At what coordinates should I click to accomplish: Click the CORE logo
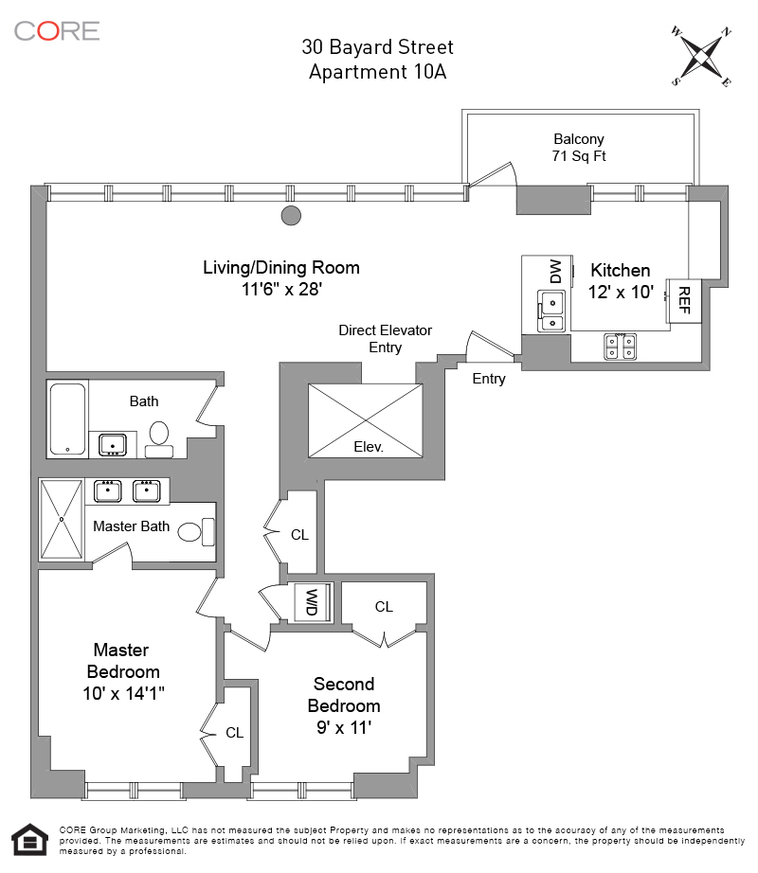(x=56, y=30)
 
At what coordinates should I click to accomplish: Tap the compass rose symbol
(x=702, y=56)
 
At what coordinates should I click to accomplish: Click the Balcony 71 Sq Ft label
(x=578, y=148)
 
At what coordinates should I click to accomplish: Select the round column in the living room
(x=291, y=216)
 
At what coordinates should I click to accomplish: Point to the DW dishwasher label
(x=555, y=272)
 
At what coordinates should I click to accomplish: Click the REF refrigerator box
(x=684, y=301)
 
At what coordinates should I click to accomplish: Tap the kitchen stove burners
(x=621, y=347)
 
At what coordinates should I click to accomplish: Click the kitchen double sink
(x=550, y=312)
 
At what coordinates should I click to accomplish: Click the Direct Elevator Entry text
(x=385, y=339)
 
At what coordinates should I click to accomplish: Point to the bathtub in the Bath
(x=67, y=419)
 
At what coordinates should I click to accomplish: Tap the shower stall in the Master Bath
(x=62, y=519)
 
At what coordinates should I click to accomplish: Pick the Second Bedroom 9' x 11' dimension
(x=344, y=729)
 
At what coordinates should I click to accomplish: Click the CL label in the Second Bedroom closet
(x=384, y=607)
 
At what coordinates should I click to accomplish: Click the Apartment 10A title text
(x=377, y=71)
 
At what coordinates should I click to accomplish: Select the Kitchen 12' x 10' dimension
(x=621, y=293)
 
